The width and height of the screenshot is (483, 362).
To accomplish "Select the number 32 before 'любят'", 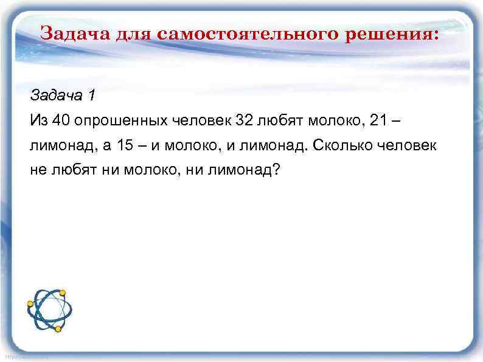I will point(244,120).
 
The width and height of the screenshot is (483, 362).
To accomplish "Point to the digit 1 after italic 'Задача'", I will point(92,95).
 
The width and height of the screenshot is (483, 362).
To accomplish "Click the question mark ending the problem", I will point(277,172).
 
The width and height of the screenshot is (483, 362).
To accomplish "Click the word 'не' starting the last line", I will point(37,172).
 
